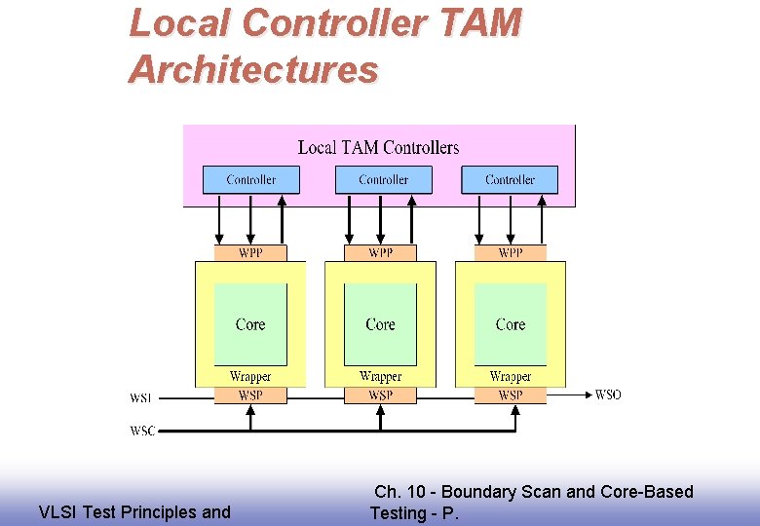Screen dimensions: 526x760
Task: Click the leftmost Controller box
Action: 250,180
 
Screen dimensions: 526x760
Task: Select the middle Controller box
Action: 383,180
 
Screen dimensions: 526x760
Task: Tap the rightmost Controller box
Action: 510,180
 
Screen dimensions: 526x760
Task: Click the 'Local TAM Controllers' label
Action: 378,148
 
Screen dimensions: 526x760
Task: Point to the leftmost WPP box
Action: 250,253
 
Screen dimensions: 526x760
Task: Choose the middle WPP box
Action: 380,253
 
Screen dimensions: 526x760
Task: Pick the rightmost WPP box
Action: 510,253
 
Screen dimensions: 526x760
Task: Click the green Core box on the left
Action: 250,324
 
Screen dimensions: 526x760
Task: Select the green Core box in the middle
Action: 380,324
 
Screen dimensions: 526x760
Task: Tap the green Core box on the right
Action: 510,324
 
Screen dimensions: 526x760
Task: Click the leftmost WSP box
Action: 250,395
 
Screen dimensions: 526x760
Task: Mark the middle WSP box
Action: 380,395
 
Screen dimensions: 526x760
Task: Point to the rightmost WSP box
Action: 510,395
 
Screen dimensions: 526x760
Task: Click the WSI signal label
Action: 141,398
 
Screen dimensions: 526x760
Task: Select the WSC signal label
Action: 142,431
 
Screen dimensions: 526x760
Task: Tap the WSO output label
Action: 608,394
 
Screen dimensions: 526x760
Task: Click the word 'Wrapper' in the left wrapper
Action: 250,377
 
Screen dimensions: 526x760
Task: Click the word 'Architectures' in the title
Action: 253,70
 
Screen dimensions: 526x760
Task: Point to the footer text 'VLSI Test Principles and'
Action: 134,512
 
